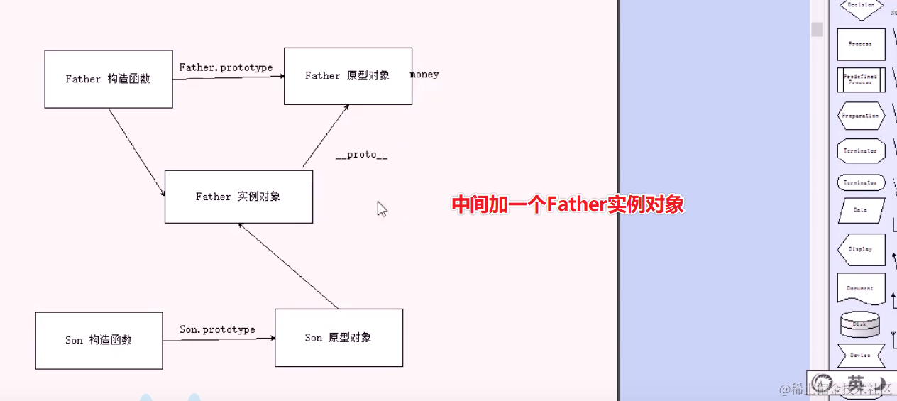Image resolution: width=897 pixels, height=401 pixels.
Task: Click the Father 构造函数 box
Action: tap(108, 79)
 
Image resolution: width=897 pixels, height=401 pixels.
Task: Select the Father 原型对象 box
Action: tap(348, 76)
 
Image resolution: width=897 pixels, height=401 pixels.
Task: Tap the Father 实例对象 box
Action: tap(238, 197)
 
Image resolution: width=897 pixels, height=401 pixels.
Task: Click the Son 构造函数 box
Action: tap(99, 340)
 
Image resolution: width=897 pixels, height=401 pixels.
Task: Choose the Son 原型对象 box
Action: tap(339, 338)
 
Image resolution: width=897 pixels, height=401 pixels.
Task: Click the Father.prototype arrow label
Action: tap(226, 67)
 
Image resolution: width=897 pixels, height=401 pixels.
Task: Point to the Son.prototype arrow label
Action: tap(217, 329)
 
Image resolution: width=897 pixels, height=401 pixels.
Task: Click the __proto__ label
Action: tap(362, 155)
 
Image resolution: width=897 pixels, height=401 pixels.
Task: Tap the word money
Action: tap(425, 75)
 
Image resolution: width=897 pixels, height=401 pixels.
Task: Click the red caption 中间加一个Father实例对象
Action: tap(568, 204)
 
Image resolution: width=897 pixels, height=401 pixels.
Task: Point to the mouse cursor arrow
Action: tap(381, 208)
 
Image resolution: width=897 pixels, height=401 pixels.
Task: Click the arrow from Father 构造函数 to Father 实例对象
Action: tap(136, 152)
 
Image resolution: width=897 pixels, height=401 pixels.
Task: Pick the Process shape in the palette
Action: tap(861, 44)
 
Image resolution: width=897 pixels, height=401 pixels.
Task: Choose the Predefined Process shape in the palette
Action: tap(861, 79)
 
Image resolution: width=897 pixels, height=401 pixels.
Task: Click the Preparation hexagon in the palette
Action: tap(861, 116)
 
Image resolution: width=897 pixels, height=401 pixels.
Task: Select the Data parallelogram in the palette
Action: tap(861, 210)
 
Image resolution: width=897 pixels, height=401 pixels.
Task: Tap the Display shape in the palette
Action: tap(861, 249)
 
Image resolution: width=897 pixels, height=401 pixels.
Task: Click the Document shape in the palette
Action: tap(861, 288)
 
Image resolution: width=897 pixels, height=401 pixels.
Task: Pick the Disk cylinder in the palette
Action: tap(859, 324)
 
